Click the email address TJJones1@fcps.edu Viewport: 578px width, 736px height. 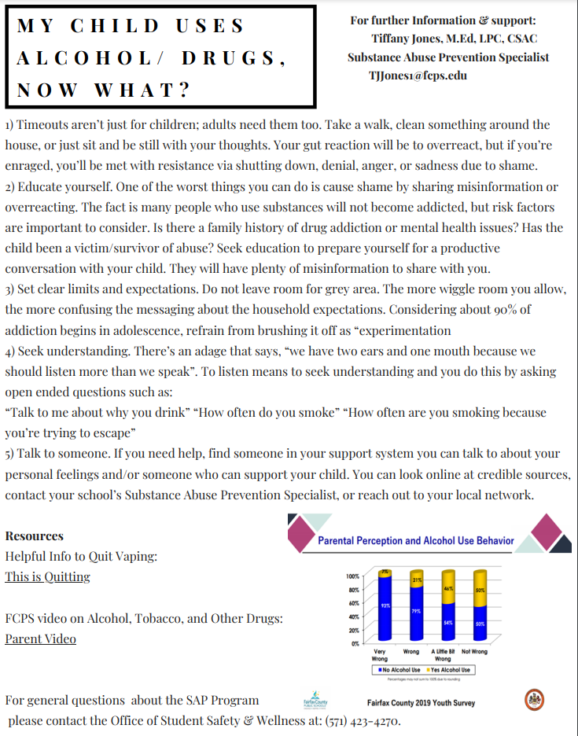[418, 76]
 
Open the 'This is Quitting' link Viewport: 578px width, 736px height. [47, 576]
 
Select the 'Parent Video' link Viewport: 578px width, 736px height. [40, 638]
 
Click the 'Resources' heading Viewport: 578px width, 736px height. [34, 536]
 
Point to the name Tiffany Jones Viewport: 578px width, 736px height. [406, 39]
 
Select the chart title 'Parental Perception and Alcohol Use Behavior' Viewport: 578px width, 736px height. [415, 541]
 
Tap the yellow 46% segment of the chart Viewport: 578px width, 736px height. [448, 587]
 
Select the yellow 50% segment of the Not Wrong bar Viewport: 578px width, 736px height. [480, 589]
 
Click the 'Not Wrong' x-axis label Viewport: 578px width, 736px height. [474, 652]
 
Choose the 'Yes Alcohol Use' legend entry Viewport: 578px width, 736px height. [450, 670]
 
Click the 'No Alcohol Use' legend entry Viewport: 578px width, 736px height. [400, 670]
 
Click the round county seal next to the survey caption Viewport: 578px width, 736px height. [534, 700]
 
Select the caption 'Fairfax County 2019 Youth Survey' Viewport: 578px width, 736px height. [421, 703]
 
